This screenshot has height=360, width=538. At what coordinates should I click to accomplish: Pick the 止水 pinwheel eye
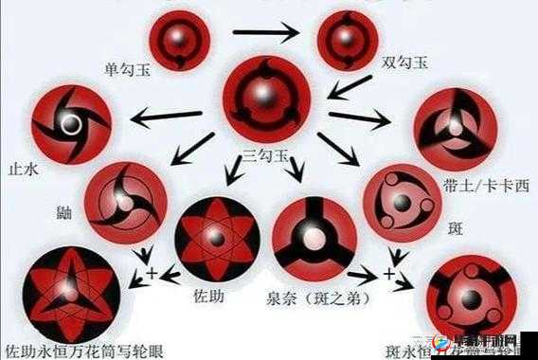click(70, 124)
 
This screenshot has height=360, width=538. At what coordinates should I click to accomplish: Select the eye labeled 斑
click(401, 203)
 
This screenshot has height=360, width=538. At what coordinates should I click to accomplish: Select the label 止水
click(21, 168)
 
